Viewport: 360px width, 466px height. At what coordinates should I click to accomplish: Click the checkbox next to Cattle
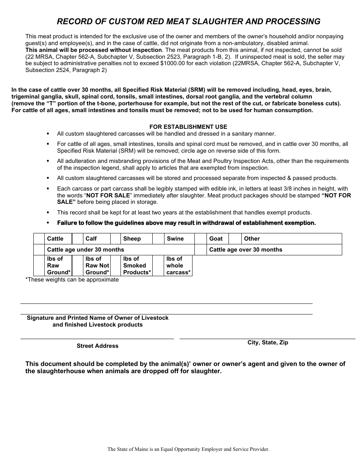point(39,239)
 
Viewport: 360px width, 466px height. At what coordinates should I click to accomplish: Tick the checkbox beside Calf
point(77,239)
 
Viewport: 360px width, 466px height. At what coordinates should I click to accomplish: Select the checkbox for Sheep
point(115,239)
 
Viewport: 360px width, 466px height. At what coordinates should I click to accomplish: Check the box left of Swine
point(158,239)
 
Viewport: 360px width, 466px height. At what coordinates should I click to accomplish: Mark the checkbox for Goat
point(200,239)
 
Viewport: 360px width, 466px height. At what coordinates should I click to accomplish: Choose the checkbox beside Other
point(235,239)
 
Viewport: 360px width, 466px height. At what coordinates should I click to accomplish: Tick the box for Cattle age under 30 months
point(39,250)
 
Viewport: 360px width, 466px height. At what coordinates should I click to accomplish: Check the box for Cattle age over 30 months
point(200,250)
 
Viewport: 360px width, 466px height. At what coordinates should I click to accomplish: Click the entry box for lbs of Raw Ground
point(39,266)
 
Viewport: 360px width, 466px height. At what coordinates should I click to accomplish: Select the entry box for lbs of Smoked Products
point(115,266)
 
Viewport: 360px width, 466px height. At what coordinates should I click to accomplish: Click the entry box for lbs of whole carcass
point(158,266)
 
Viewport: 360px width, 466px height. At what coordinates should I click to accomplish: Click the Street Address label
point(97,346)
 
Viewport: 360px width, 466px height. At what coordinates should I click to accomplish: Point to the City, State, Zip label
point(268,342)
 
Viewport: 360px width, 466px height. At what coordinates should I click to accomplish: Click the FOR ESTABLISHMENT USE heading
point(188,127)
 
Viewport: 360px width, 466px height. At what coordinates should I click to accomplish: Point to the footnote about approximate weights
point(72,280)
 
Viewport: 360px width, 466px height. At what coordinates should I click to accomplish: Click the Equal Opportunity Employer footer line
point(188,449)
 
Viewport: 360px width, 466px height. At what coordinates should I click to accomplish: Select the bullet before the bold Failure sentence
point(48,223)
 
